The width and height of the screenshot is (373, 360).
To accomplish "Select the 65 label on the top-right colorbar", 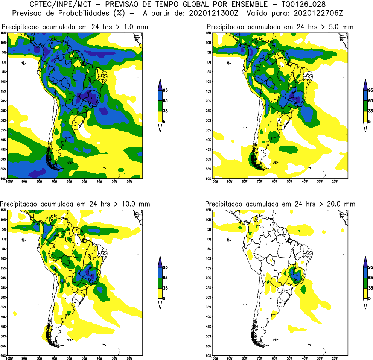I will click(x=370, y=101).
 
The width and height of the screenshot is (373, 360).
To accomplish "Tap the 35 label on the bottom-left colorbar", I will click(x=165, y=288).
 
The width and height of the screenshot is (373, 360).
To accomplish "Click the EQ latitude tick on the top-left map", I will click(x=4, y=62).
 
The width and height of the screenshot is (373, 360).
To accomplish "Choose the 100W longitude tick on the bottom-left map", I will click(x=9, y=358).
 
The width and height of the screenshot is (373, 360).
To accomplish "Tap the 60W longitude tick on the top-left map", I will click(x=69, y=181).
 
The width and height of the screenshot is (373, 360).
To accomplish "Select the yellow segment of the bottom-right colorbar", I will click(x=365, y=293).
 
